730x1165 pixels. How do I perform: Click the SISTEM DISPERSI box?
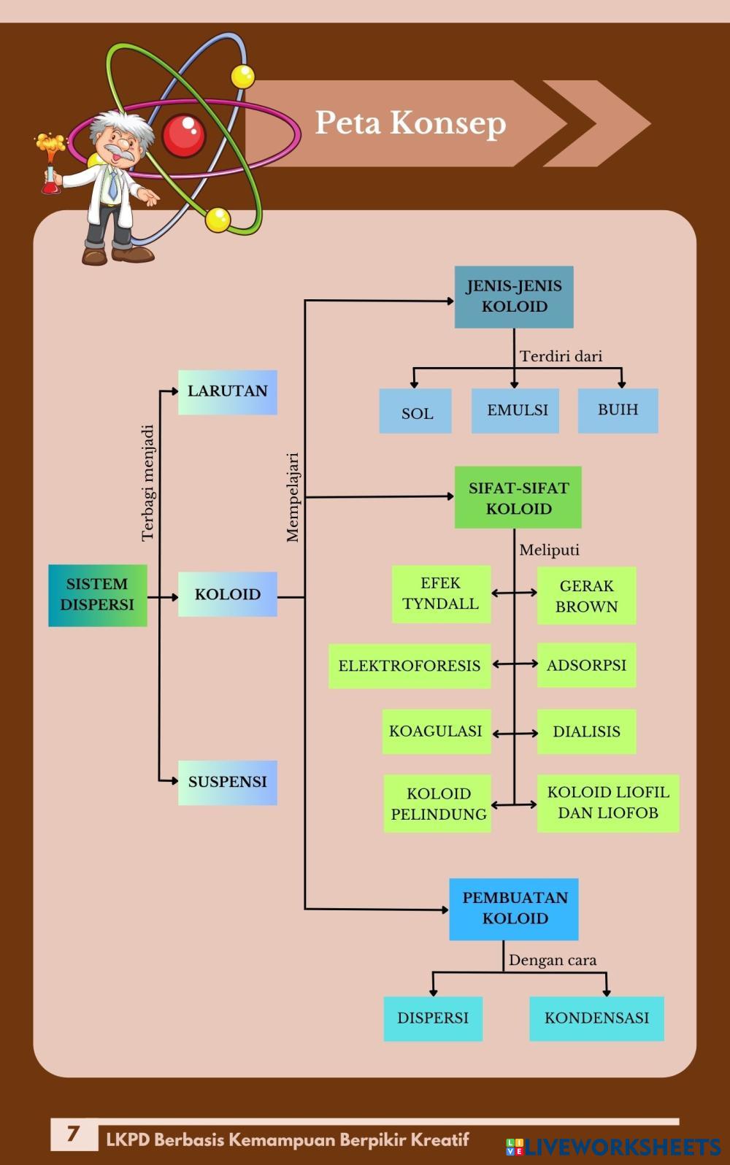coord(97,595)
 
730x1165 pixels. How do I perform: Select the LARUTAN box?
coord(227,392)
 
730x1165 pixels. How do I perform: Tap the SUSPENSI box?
coord(227,783)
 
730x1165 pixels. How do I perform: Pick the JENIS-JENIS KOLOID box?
coord(514,296)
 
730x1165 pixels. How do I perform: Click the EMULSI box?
coord(515,410)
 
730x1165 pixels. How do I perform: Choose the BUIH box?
coord(618,410)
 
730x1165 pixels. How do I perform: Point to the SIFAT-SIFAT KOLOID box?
coord(518,498)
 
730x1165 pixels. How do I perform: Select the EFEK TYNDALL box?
coord(441,594)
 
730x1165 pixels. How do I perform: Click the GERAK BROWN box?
coord(586,596)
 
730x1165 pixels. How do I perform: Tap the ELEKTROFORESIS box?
coord(410,666)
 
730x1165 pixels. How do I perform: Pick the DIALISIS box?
coord(586,731)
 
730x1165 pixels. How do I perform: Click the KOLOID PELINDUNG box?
coord(438,804)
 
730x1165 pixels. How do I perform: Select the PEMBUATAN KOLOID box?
coord(514,909)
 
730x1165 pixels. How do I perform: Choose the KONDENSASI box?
coord(596,1018)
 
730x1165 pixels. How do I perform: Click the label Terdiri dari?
coord(561,356)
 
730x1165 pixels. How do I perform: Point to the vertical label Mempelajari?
coord(293,497)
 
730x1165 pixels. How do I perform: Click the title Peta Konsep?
coord(410,123)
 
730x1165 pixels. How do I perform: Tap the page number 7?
coord(73,1134)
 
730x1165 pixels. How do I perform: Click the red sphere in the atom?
coord(183,136)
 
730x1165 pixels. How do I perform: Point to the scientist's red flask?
coord(50,182)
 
